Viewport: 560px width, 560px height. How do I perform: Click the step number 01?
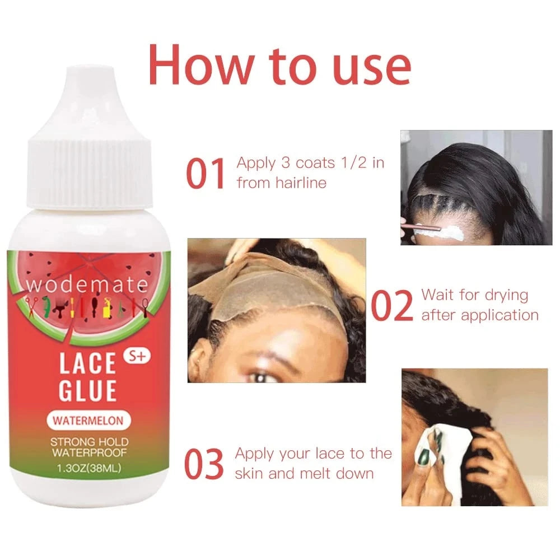[x=206, y=173]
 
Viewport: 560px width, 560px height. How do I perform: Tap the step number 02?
[x=391, y=305]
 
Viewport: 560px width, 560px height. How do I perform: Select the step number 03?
[x=204, y=463]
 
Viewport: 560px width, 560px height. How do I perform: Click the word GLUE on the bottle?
[x=88, y=390]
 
